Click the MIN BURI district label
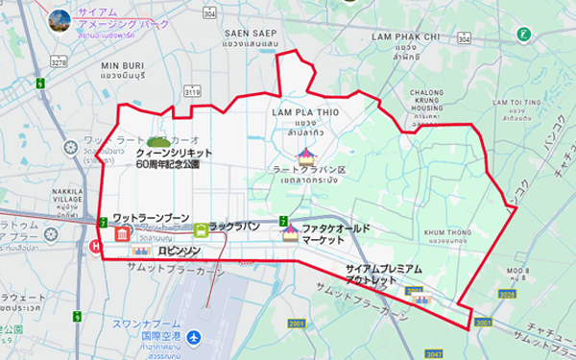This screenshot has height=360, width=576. coord(122,65)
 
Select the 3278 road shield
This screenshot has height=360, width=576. coord(60,60)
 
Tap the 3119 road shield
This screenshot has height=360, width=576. coord(193,91)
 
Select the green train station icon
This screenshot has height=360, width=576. coord(200,229)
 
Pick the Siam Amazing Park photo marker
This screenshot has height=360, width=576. coord(60,18)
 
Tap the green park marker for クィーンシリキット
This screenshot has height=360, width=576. coord(157,139)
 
